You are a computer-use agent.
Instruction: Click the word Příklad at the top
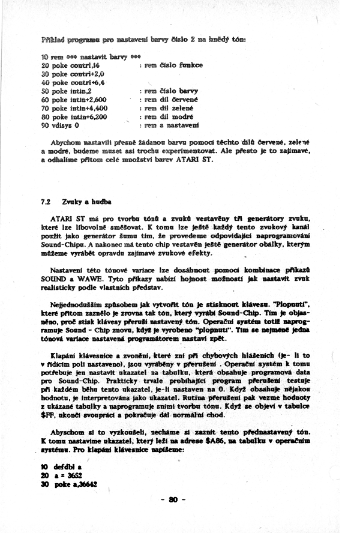47,39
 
